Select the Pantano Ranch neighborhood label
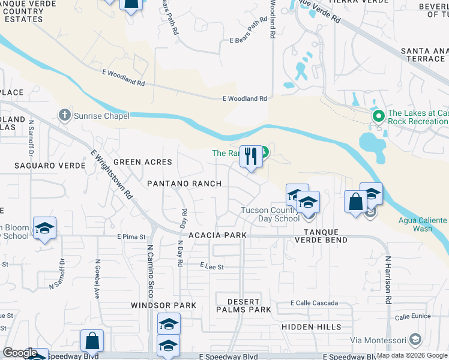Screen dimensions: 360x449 pos(185,183)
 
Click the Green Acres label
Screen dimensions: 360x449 pos(142,162)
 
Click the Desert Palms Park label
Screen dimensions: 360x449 pos(243,305)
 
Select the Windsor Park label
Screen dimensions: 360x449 pos(164,305)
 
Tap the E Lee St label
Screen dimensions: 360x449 pos(212,266)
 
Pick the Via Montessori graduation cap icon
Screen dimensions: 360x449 pos(414,341)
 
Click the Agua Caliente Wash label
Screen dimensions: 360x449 pos(423,224)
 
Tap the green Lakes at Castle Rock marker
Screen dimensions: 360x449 pos(378,116)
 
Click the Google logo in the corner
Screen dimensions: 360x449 pos(20,353)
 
